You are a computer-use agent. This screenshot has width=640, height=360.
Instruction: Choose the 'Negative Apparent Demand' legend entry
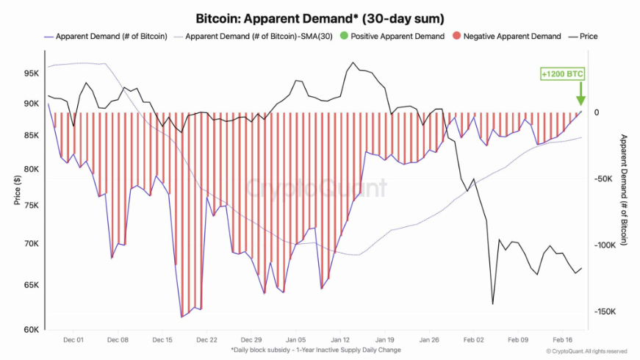pyautogui.click(x=507, y=36)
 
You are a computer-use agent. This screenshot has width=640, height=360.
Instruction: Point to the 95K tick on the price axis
pyautogui.click(x=30, y=73)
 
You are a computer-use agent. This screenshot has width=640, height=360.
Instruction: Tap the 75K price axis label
pyautogui.click(x=30, y=206)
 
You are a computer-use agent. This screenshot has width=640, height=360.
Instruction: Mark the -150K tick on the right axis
pyautogui.click(x=605, y=312)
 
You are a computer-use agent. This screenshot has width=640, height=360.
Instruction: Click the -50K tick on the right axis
pyautogui.click(x=604, y=179)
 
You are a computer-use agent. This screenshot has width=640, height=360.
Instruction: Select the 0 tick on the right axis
pyautogui.click(x=597, y=112)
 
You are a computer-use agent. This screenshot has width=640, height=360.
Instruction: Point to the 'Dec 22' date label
pyautogui.click(x=207, y=340)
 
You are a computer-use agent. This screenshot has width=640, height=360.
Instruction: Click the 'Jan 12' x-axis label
pyautogui.click(x=340, y=340)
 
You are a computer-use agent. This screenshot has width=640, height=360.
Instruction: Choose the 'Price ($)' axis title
pyautogui.click(x=16, y=190)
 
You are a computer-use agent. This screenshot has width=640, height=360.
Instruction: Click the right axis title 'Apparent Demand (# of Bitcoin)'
pyautogui.click(x=625, y=190)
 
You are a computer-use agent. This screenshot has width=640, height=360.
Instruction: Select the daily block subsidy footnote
pyautogui.click(x=317, y=350)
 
